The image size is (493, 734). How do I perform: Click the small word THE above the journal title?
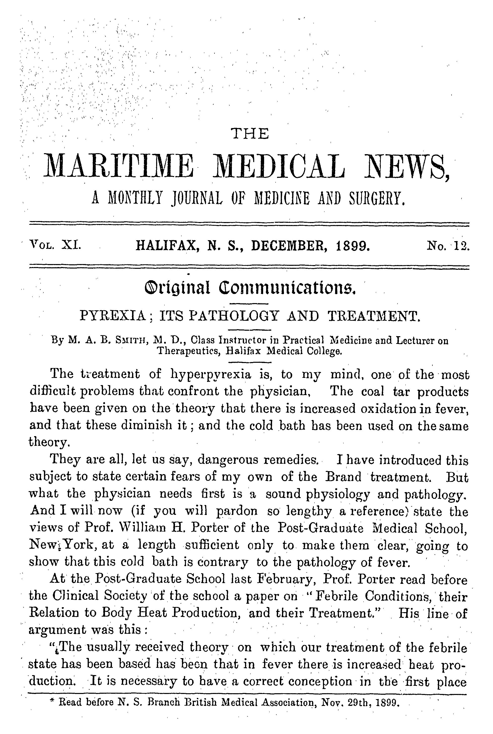click(250, 134)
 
